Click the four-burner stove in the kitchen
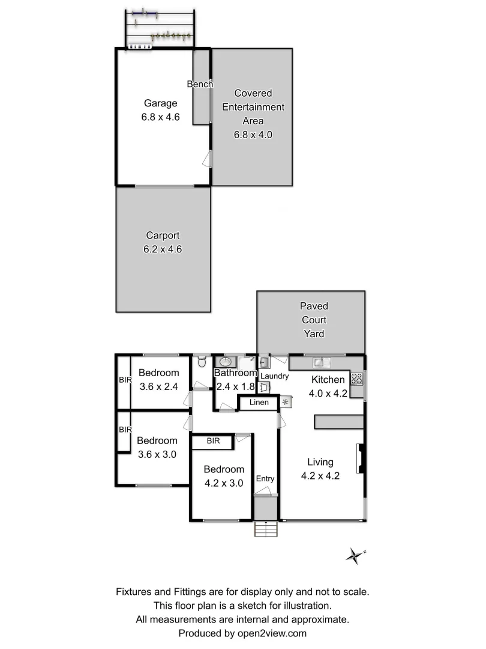pyautogui.click(x=357, y=379)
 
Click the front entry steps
pyautogui.click(x=265, y=529)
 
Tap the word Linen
pyautogui.click(x=259, y=403)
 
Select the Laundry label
pyautogui.click(x=274, y=376)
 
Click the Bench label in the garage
pyautogui.click(x=200, y=84)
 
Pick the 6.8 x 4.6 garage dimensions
pyautogui.click(x=160, y=117)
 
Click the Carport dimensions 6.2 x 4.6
pyautogui.click(x=163, y=249)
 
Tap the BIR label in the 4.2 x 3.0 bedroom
pyautogui.click(x=213, y=441)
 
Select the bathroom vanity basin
pyautogui.click(x=225, y=362)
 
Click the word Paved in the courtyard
pyautogui.click(x=314, y=306)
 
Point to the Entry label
pyautogui.click(x=265, y=478)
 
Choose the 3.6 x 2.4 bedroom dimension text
pyautogui.click(x=159, y=386)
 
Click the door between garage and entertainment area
pyautogui.click(x=207, y=159)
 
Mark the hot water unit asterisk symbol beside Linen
pyautogui.click(x=286, y=402)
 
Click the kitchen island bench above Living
pyautogui.click(x=339, y=422)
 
